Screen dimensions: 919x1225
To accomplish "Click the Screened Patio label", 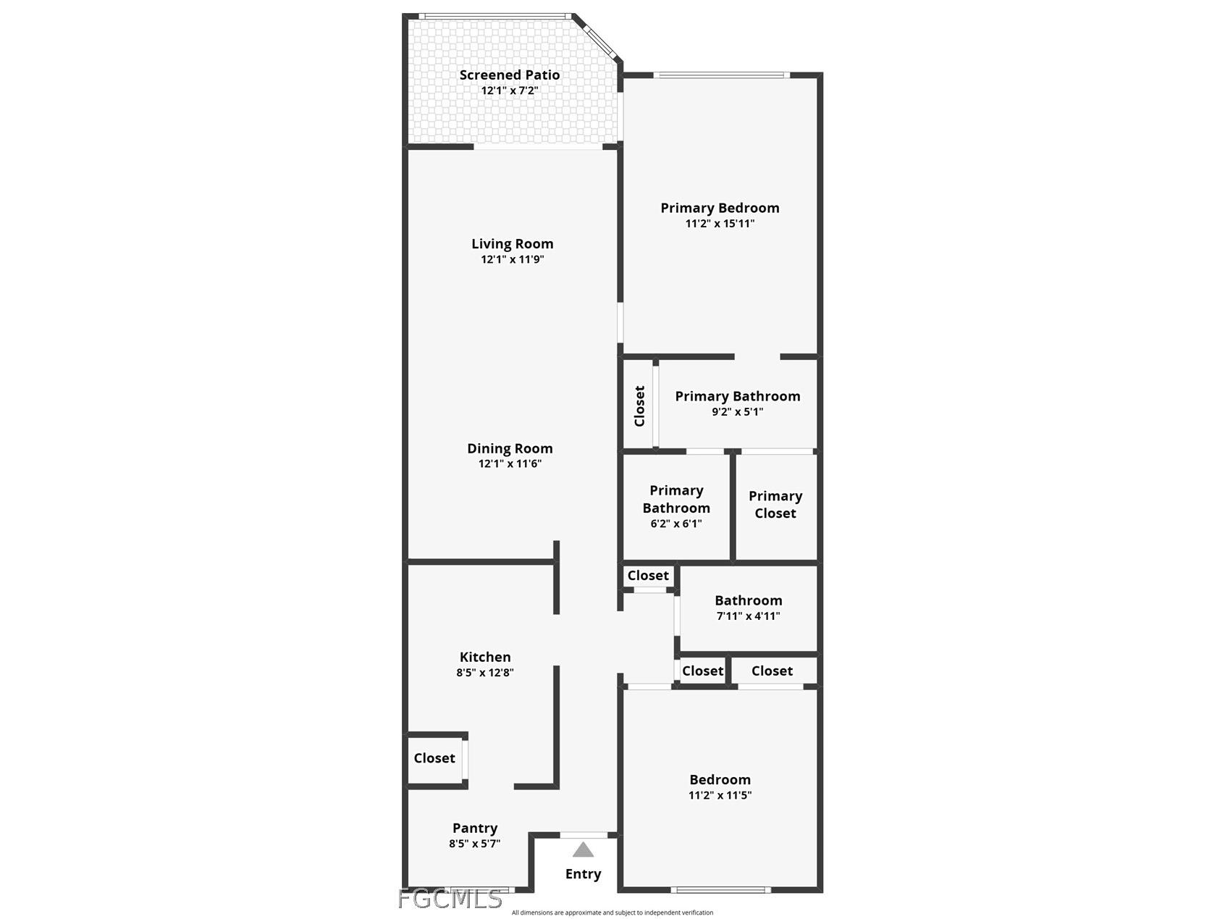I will tap(509, 75).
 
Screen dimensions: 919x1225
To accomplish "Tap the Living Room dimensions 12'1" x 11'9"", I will tap(512, 259).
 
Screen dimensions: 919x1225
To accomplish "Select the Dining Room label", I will tap(510, 448).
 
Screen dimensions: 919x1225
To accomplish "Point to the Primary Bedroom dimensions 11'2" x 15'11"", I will tap(720, 223).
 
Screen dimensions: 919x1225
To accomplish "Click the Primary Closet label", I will tap(775, 504).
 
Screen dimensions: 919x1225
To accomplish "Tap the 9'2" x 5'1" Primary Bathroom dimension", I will tap(737, 411).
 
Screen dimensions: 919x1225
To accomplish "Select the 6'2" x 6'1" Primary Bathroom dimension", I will tap(675, 524).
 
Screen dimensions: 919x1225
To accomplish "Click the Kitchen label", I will tap(485, 657).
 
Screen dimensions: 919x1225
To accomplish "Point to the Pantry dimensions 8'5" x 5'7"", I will tap(474, 843).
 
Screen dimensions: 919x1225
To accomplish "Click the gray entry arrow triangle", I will tap(583, 849).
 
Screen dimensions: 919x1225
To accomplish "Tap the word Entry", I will tap(583, 874).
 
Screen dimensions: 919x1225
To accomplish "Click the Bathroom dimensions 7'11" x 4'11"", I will tap(748, 616).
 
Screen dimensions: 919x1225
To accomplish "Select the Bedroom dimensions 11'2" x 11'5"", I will tap(720, 794).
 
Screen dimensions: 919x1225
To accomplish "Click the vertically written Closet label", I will tap(639, 406).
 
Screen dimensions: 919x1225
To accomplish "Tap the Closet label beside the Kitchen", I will tap(434, 758).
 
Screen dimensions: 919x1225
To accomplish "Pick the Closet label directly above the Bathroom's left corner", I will tap(648, 575).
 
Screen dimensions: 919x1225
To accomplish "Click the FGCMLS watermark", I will tap(450, 899).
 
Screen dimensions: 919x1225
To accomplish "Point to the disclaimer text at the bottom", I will tap(612, 912).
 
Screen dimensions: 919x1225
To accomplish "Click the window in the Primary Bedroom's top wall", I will tap(721, 75).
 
